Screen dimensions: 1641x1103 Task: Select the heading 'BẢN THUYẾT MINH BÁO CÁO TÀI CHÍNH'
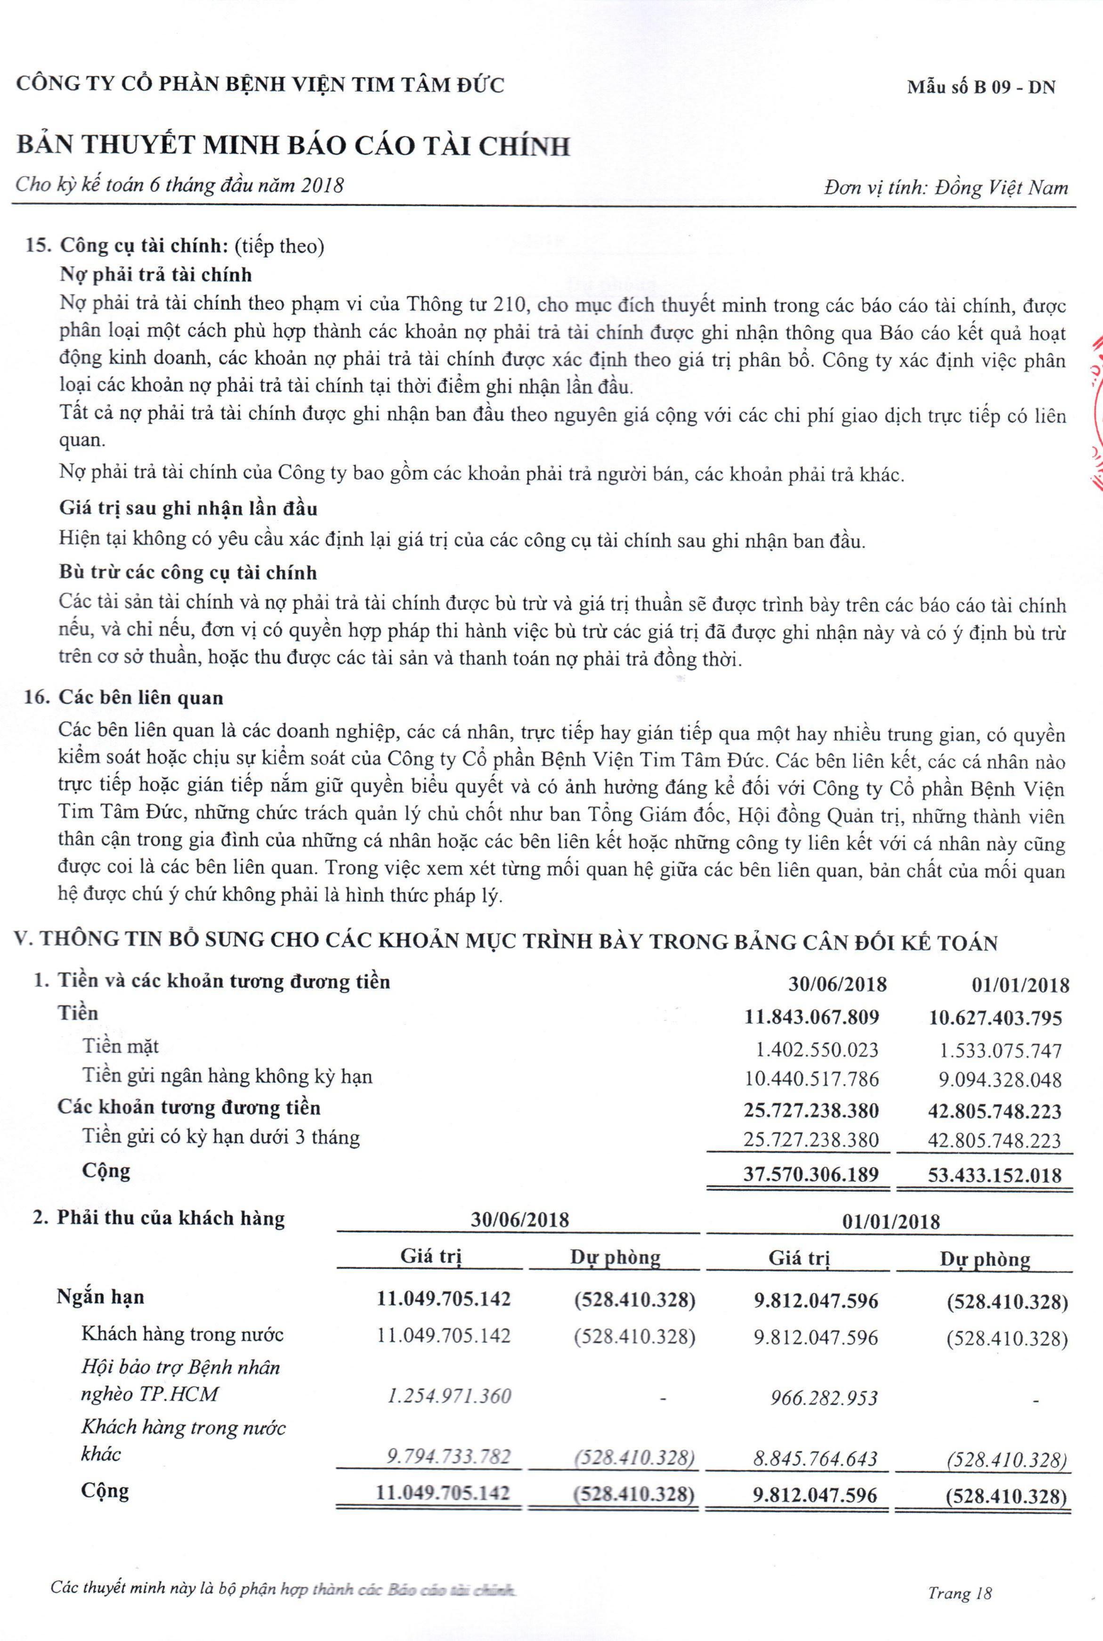292,146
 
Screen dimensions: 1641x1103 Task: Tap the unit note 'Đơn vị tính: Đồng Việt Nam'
945,188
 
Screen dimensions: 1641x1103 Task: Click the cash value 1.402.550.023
817,1050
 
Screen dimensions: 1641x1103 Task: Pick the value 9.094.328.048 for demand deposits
995,1080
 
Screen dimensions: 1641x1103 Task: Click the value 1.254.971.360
449,1396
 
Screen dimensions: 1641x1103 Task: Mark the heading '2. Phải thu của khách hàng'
159,1218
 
